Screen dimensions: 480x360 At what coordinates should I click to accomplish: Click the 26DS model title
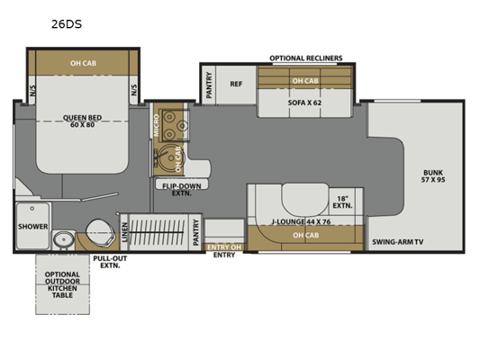(67, 24)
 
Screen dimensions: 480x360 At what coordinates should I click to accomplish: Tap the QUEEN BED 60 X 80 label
(82, 121)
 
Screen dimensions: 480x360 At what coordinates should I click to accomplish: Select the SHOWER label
(32, 227)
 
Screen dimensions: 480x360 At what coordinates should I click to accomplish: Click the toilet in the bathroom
(100, 233)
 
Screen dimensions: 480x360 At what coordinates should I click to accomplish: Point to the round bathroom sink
(64, 239)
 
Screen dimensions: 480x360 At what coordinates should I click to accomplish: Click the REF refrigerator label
(236, 84)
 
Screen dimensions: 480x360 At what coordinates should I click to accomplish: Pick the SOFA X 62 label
(304, 103)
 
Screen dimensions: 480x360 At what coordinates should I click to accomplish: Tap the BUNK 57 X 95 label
(433, 175)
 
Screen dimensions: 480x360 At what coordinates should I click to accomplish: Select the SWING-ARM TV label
(398, 242)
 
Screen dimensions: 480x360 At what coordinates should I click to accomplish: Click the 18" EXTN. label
(342, 202)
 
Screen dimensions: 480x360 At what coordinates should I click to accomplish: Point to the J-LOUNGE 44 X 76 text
(301, 221)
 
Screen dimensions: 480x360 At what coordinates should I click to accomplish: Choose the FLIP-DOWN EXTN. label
(182, 190)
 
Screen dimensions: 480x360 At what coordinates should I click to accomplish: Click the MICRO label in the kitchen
(157, 125)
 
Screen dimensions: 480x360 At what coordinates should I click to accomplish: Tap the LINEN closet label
(124, 232)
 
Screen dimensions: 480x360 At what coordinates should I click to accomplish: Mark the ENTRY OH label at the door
(224, 247)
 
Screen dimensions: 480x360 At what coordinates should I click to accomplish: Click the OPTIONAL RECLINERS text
(306, 58)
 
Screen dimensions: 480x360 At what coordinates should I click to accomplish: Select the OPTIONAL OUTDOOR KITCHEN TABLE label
(62, 284)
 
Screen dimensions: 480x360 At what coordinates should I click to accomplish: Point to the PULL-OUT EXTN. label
(110, 262)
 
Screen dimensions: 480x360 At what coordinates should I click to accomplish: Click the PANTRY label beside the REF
(209, 85)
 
